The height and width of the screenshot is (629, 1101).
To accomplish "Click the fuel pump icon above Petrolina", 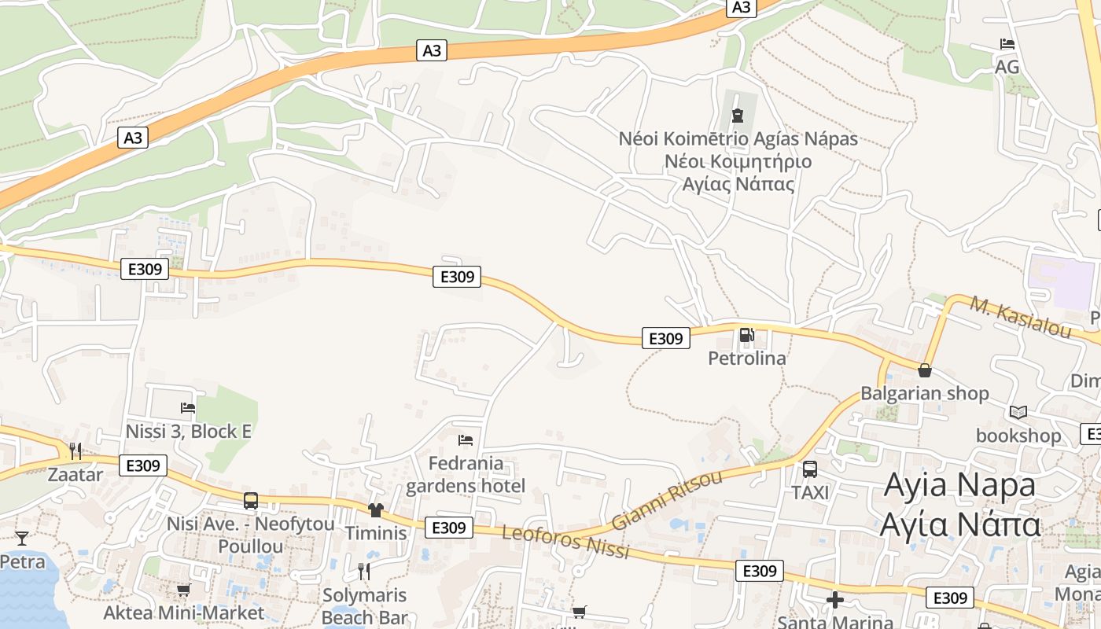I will click(746, 336).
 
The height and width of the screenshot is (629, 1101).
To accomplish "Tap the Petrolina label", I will click(747, 359).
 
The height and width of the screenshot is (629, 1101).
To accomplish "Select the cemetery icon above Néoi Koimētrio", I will click(737, 116).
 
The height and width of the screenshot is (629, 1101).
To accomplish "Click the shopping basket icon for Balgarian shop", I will click(925, 370).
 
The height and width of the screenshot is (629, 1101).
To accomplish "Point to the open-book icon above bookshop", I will click(1018, 412).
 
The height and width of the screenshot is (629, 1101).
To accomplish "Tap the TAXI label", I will click(810, 493).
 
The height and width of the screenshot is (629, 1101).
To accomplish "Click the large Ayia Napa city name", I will click(960, 504).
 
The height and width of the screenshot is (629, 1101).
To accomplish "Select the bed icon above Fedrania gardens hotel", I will click(466, 440).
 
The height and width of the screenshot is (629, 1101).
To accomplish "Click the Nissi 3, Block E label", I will click(189, 432).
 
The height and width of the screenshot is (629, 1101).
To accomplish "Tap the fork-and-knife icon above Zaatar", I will click(75, 451).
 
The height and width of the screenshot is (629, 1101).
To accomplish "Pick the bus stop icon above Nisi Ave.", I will click(251, 500).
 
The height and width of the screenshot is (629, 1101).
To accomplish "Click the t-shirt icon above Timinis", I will click(375, 510).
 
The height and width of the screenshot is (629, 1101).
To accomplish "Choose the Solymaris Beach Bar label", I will click(364, 605).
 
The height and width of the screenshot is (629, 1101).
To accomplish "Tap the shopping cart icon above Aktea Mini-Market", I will click(183, 589).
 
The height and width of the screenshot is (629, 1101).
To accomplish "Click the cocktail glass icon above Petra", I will click(22, 539).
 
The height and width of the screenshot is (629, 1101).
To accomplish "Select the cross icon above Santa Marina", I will click(835, 601).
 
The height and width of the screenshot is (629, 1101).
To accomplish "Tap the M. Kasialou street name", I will click(1020, 318).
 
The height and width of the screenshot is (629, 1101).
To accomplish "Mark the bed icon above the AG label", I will click(1007, 44).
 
